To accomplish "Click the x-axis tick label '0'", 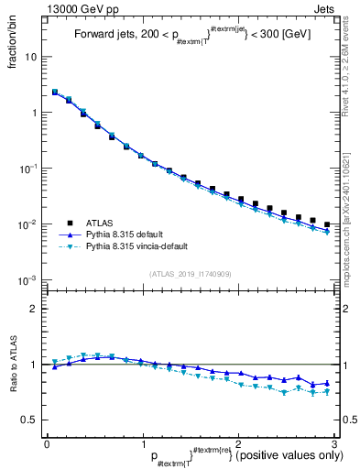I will pos(47,443).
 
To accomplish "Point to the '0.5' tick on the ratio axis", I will pos(29,420).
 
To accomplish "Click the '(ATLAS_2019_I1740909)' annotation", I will pos(191,274).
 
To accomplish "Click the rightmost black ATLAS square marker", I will pos(327,224).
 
